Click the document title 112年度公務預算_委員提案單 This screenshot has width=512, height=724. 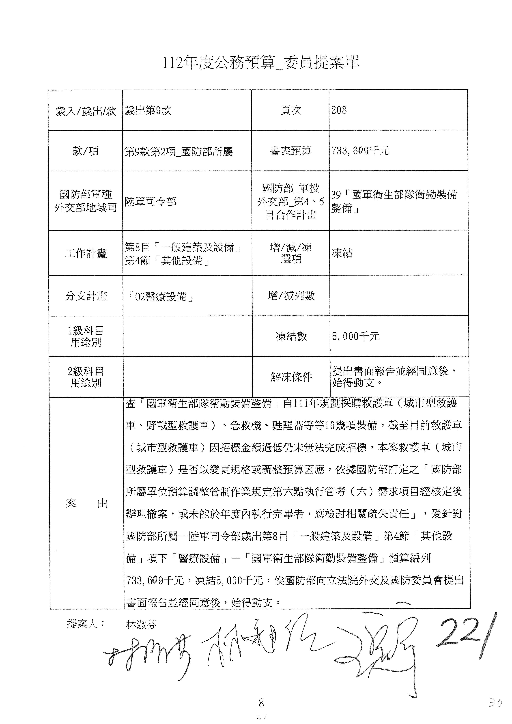[x=261, y=63]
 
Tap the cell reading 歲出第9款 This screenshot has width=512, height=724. [x=148, y=110]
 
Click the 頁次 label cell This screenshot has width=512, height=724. [x=290, y=110]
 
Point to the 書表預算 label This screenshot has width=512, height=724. [x=290, y=151]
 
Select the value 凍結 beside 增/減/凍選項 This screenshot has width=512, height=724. [x=342, y=253]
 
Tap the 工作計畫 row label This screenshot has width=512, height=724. [x=86, y=253]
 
